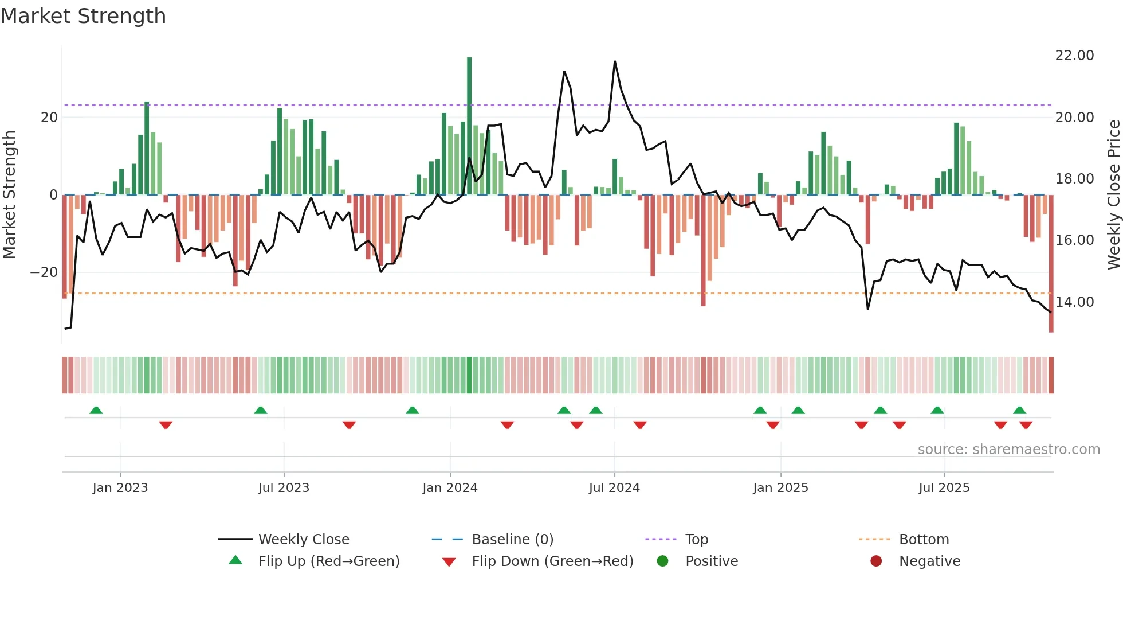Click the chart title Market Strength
coord(83,16)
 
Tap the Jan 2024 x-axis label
coord(450,488)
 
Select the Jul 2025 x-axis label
coord(944,488)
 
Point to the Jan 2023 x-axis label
coord(120,488)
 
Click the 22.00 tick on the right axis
coord(1074,56)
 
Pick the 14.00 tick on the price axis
coord(1074,302)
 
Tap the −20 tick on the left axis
coord(44,272)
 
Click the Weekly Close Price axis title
coord(1113,195)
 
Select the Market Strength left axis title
coord(9,195)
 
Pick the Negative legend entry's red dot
coord(876,561)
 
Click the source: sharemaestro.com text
coord(1008,450)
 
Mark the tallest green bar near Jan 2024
coord(469,126)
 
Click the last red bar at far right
coord(1051,264)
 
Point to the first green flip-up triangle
coord(96,411)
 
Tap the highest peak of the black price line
coord(615,62)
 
